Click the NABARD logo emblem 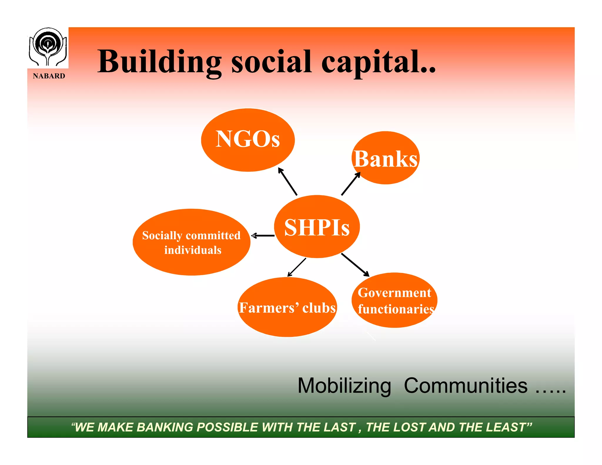48,47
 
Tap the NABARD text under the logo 49,76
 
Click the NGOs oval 248,140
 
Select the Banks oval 385,158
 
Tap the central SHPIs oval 317,227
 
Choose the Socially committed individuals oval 191,242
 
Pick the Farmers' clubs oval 287,307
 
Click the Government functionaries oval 394,300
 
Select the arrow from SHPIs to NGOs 287,181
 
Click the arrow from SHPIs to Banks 351,184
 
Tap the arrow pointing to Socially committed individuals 263,236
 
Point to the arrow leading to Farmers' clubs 297,267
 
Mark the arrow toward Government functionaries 355,265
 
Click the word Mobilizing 344,386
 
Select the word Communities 466,386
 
